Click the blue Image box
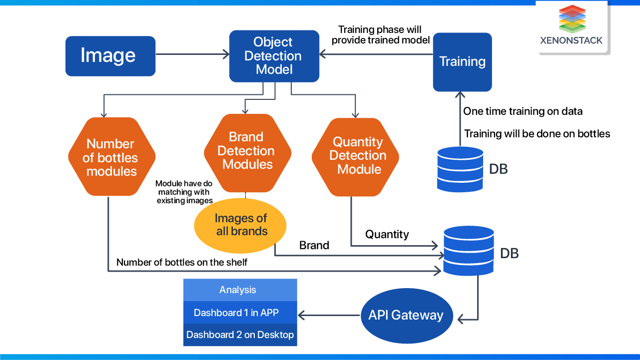click(x=110, y=56)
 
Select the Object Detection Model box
click(x=274, y=56)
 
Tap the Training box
click(x=462, y=62)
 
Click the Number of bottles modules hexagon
click(x=111, y=157)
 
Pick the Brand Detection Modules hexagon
click(x=247, y=151)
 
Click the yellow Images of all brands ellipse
click(x=240, y=225)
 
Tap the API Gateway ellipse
click(x=406, y=315)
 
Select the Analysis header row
click(x=240, y=290)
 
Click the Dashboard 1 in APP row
click(x=240, y=313)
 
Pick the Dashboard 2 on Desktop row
click(x=240, y=335)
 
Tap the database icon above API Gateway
click(x=469, y=252)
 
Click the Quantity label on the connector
click(x=387, y=234)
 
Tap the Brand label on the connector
click(x=314, y=245)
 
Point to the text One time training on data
click(x=523, y=111)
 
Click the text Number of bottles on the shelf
click(x=182, y=262)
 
